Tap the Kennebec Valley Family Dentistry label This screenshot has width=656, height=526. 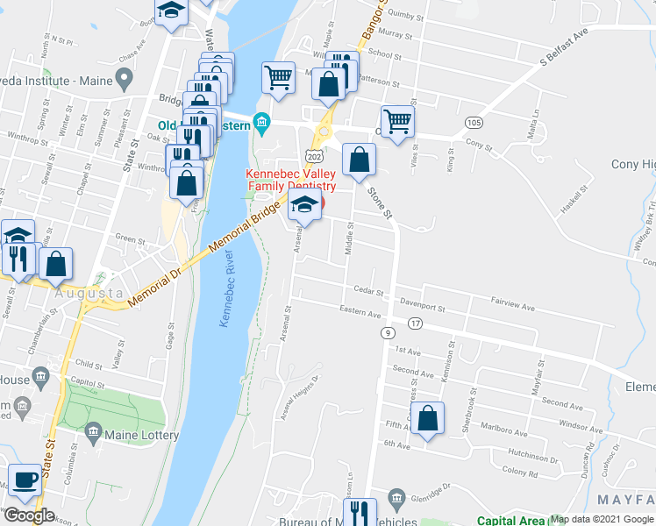pyautogui.click(x=292, y=180)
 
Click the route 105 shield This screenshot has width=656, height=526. pyautogui.click(x=474, y=121)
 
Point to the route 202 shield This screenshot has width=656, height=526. pyautogui.click(x=314, y=155)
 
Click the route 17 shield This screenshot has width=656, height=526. pyautogui.click(x=415, y=323)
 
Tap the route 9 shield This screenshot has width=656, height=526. pyautogui.click(x=387, y=333)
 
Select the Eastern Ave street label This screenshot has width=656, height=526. pyautogui.click(x=360, y=311)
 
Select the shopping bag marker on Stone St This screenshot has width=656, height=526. pyautogui.click(x=359, y=160)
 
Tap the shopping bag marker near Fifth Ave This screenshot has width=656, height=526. pyautogui.click(x=427, y=419)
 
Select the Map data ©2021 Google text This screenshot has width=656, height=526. pyautogui.click(x=601, y=519)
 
